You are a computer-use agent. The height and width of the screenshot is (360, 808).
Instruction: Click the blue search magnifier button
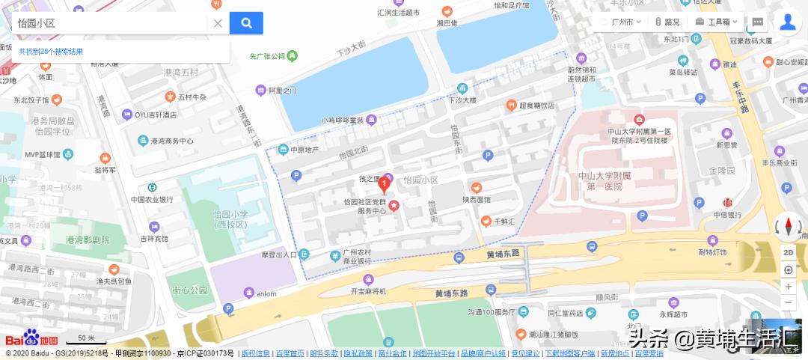246,23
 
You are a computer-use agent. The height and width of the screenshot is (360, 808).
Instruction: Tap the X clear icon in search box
218,23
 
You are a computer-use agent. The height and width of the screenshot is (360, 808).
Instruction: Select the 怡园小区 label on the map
420,180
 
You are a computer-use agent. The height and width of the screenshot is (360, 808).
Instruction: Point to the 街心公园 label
189,290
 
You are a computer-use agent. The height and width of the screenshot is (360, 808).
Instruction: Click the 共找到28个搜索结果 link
51,52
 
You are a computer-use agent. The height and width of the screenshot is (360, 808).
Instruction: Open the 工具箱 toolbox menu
717,22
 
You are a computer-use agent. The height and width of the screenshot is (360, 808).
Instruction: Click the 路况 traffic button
667,22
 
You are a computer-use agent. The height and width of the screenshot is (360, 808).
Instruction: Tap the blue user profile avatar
787,22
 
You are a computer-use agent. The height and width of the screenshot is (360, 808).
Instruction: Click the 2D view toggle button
789,252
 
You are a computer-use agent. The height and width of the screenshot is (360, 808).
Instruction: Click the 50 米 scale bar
87,339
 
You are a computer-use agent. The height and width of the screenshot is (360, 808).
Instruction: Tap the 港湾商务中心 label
171,141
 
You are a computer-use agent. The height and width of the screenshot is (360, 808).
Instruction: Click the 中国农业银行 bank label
152,199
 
